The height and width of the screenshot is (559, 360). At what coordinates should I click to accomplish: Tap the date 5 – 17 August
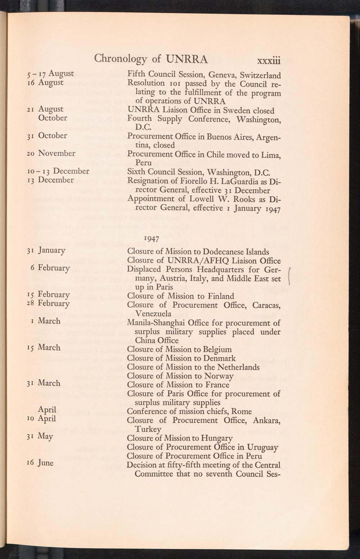50,74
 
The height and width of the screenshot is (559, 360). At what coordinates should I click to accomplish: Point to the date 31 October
46,136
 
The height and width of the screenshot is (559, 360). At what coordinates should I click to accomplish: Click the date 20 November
51,154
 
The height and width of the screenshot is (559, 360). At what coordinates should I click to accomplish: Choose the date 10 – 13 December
58,171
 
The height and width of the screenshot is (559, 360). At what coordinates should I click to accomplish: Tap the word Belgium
216,350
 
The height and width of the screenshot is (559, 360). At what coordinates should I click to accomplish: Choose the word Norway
219,376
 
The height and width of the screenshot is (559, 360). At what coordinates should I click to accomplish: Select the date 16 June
40,463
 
